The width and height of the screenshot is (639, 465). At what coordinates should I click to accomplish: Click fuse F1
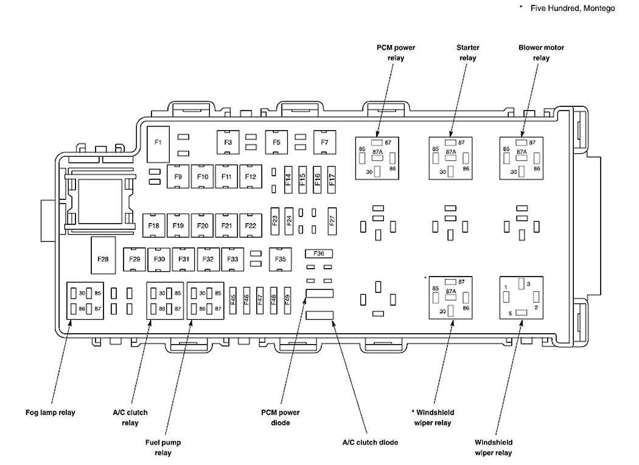[x=158, y=142]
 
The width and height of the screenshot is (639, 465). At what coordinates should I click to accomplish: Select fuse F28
[x=102, y=259]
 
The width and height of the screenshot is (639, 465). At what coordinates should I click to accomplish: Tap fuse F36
[x=319, y=253]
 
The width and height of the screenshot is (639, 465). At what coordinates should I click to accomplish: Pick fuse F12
[x=251, y=176]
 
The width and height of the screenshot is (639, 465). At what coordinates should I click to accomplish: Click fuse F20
[x=203, y=226]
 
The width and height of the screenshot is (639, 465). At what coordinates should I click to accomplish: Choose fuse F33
[x=232, y=259]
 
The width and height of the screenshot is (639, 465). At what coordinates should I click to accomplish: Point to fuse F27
[x=332, y=221]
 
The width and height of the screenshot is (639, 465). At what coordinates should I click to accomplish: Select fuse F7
[x=325, y=142]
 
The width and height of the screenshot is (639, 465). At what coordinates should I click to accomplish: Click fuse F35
[x=280, y=259]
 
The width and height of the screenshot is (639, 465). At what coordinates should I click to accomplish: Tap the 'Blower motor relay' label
[x=541, y=52]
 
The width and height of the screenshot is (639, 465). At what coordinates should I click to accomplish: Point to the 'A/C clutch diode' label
[x=369, y=443]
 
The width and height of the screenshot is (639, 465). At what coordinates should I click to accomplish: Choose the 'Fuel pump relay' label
[x=163, y=447]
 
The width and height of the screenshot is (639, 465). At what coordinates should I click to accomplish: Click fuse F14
[x=288, y=180]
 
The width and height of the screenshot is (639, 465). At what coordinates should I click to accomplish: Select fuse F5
[x=276, y=142]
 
